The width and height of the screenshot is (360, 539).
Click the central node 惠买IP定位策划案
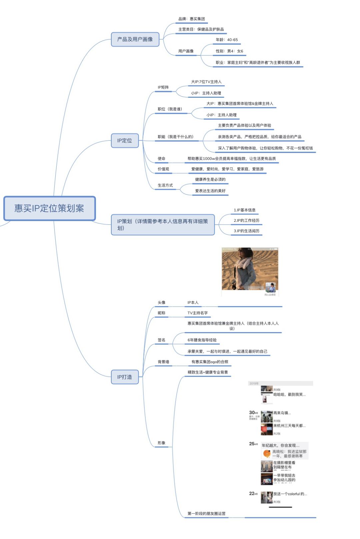(49, 208)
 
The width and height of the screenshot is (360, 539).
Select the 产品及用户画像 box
(135, 39)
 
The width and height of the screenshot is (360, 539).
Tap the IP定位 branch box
(125, 141)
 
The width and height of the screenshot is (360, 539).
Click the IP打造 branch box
(125, 377)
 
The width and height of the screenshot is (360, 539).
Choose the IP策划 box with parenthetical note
(163, 225)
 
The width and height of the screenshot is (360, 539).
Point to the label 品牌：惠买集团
(192, 19)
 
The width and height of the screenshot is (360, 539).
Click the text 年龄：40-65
(227, 40)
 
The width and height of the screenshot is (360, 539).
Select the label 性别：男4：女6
(229, 51)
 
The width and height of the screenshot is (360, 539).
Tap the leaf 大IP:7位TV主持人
(206, 82)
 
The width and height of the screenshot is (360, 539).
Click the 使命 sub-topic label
(161, 159)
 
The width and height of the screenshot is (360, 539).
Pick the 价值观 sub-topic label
(163, 169)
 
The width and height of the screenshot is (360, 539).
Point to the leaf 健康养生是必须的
(210, 179)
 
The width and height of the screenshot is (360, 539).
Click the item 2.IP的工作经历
(246, 220)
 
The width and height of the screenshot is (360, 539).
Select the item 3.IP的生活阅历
(246, 231)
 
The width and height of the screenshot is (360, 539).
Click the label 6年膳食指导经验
(202, 340)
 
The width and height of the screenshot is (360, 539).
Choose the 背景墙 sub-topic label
(163, 362)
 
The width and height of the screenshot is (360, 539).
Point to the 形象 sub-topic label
(161, 443)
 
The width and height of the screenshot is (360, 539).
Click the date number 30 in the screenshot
(252, 413)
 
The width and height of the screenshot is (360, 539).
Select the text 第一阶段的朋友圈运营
(206, 514)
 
